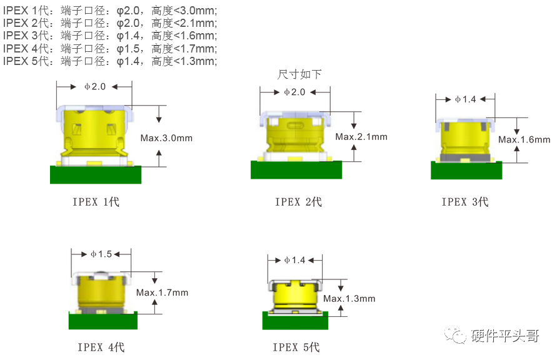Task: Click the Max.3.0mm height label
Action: [x=166, y=137]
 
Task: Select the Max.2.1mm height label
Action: [x=361, y=137]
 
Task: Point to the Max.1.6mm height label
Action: [x=524, y=139]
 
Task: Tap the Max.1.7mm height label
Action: [x=163, y=292]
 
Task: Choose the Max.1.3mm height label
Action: [x=349, y=299]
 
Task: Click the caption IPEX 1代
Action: [x=96, y=202]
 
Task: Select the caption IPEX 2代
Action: [x=298, y=202]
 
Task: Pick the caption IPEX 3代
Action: [x=465, y=202]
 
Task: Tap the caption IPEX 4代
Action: [x=101, y=347]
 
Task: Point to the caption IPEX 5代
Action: [x=296, y=347]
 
